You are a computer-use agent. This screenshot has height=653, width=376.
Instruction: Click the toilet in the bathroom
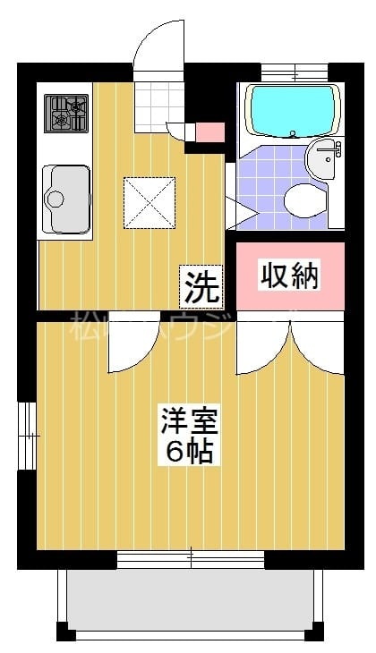click(305, 199)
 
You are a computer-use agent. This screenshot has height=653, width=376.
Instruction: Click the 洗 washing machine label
click(201, 286)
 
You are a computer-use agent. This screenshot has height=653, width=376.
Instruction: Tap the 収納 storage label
click(289, 276)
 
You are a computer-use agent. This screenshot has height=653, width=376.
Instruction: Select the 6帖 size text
click(189, 452)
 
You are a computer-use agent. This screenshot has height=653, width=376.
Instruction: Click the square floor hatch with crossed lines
click(149, 201)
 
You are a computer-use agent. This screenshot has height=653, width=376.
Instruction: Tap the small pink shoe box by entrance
click(209, 132)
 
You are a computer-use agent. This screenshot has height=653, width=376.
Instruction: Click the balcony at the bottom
click(190, 601)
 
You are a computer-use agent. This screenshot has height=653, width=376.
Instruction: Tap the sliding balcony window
click(191, 559)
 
